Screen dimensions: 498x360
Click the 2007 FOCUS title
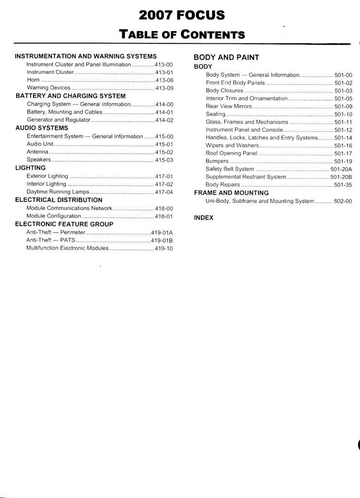tap(181, 16)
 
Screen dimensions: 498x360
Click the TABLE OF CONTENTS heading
tap(182, 34)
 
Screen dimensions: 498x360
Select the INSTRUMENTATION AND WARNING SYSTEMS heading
tap(86, 56)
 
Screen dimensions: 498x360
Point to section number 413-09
tap(164, 88)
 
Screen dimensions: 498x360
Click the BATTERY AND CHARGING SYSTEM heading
tap(71, 96)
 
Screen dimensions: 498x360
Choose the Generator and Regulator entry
tap(59, 120)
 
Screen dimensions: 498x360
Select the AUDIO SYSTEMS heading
tap(42, 128)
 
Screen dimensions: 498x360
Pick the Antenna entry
tap(37, 152)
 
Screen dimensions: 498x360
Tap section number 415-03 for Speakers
tap(164, 160)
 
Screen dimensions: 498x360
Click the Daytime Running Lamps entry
tap(58, 192)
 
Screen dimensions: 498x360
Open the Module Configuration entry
tap(54, 216)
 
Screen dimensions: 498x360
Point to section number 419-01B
tap(162, 240)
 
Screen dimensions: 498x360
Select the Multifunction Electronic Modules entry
tap(67, 248)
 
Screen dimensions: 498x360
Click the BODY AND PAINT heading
tap(226, 57)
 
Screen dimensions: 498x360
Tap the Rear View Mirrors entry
tap(229, 106)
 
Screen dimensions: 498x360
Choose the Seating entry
tap(216, 114)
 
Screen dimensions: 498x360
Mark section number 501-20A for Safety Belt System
tap(341, 169)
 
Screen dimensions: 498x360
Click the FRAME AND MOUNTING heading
tap(231, 193)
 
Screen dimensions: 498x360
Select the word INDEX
tap(203, 217)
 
